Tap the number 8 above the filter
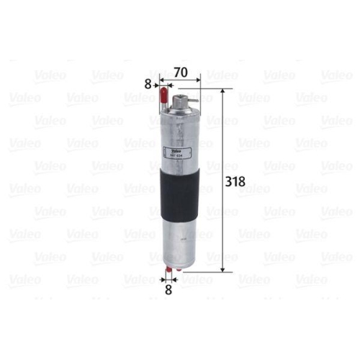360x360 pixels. click(x=148, y=84)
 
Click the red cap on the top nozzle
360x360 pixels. click(x=163, y=89)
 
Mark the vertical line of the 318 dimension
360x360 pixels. click(x=223, y=180)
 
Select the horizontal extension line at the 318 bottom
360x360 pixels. click(x=209, y=272)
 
